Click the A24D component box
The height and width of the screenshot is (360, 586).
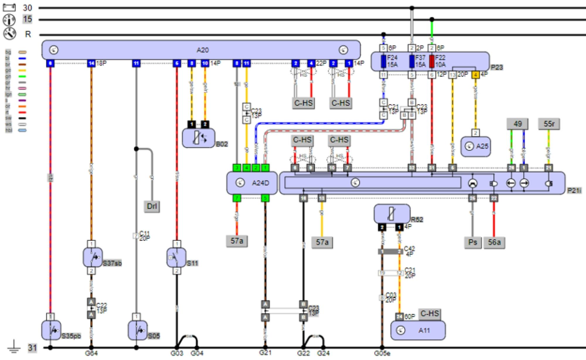pos(252,183)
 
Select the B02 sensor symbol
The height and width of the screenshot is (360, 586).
pos(198,138)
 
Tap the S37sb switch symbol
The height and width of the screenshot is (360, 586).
pos(93,257)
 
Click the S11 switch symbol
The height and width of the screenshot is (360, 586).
pos(176,257)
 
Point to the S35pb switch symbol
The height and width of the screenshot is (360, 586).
pos(51,330)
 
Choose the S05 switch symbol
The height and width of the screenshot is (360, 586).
pos(137,330)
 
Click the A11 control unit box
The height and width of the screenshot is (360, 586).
pos(418,330)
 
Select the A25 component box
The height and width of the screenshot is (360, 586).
pos(475,146)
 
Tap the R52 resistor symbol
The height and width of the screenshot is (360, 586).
pos(392,214)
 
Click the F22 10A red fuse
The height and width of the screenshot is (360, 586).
pos(432,61)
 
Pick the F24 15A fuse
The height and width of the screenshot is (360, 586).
pos(383,61)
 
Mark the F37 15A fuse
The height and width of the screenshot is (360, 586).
pos(412,61)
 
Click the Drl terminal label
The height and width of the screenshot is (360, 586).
pos(152,206)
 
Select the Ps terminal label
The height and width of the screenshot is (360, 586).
pos(473,243)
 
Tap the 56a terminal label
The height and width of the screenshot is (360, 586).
pos(494,243)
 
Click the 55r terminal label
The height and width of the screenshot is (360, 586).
pos(549,124)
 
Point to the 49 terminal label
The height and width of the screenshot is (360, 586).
pos(517,124)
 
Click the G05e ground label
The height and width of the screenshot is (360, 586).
pos(382,353)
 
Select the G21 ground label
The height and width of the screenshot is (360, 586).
pos(265,353)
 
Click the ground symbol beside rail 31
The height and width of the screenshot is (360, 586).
pos(14,347)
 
